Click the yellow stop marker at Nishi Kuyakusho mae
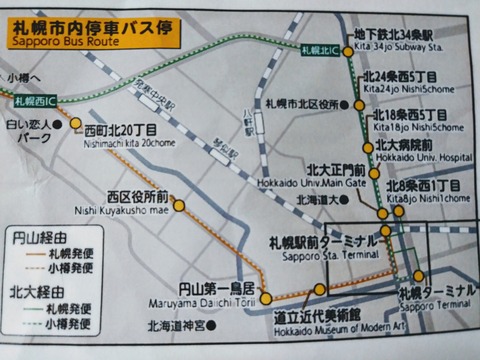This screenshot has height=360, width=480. [x=179, y=206]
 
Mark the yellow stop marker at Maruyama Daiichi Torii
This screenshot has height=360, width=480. [x=266, y=296]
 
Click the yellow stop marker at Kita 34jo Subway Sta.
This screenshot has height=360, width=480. [x=346, y=49]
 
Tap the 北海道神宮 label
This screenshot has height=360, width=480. [x=178, y=326]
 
